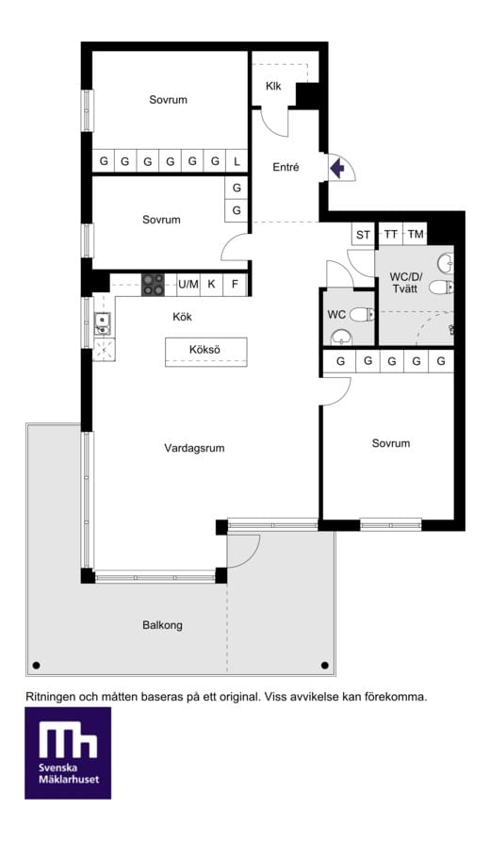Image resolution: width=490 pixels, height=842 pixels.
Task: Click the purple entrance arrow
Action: (x=337, y=169)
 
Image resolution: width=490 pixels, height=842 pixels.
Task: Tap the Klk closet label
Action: (x=273, y=86)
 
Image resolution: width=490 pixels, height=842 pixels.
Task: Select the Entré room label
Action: (x=286, y=168)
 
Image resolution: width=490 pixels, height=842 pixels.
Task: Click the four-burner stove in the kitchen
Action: (x=154, y=285)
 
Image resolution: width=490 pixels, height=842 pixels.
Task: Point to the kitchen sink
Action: (x=102, y=322)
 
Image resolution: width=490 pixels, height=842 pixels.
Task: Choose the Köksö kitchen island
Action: (x=206, y=352)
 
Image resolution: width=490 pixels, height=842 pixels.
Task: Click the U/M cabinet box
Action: (x=188, y=285)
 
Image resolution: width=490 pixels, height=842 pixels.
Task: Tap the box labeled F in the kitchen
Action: (x=235, y=285)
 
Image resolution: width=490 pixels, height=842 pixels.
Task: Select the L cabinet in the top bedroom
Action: (x=237, y=160)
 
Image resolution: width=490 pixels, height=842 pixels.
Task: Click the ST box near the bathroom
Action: (x=363, y=234)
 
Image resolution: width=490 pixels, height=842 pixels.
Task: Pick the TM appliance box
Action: (x=416, y=234)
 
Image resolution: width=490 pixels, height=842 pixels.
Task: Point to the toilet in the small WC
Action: (x=362, y=314)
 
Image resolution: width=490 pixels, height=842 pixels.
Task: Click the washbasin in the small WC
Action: (x=341, y=338)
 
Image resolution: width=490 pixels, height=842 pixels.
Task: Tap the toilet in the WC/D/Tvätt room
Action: (x=442, y=287)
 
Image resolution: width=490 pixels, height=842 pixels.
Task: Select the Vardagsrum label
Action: (x=194, y=448)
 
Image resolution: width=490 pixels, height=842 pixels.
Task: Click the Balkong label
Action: (x=163, y=625)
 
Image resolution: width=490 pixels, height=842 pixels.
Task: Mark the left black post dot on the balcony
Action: (x=37, y=666)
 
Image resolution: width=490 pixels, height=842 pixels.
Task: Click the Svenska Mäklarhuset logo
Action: (x=68, y=752)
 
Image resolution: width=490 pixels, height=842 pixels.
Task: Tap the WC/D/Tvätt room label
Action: (x=406, y=283)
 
